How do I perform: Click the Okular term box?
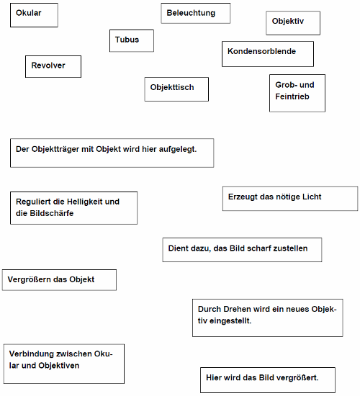tap(34, 15)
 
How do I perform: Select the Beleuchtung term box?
tap(195, 13)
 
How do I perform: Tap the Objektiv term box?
tap(292, 23)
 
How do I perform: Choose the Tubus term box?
tap(132, 40)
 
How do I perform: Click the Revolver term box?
tap(53, 66)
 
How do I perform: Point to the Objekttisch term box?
tap(176, 89)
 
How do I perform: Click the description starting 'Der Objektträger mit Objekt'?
tap(112, 153)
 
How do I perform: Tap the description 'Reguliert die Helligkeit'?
tap(73, 207)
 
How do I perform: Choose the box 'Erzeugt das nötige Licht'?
tap(290, 198)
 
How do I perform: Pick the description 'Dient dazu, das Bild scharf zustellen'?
tap(241, 249)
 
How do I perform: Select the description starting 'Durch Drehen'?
tap(267, 317)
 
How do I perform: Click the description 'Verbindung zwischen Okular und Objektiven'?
tap(63, 363)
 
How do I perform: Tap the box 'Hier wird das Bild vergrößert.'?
tap(266, 379)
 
